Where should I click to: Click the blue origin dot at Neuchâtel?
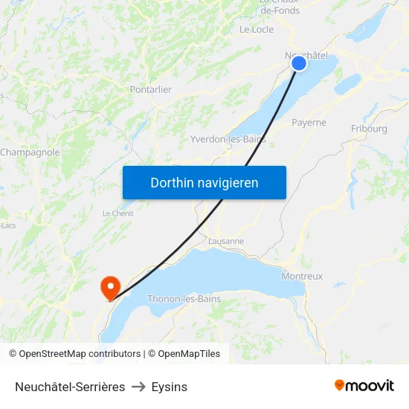(x=299, y=63)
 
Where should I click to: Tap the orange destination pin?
(x=110, y=286)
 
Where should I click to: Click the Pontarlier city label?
(x=151, y=89)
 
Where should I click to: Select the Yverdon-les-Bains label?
(x=228, y=139)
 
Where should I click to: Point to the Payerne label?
(x=309, y=123)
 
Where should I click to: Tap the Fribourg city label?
(x=369, y=129)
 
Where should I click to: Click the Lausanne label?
(x=226, y=241)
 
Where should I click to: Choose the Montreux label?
(x=302, y=276)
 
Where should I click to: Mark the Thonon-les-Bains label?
(x=184, y=299)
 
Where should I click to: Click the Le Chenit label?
(x=117, y=213)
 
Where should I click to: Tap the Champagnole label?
(x=30, y=152)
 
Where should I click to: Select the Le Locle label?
(x=257, y=30)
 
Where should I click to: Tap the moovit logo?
(x=364, y=385)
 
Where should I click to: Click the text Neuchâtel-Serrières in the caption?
(x=70, y=387)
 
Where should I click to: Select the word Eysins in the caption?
(x=170, y=387)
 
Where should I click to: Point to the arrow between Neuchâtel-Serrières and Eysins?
(x=138, y=387)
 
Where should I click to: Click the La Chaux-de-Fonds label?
(x=280, y=7)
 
